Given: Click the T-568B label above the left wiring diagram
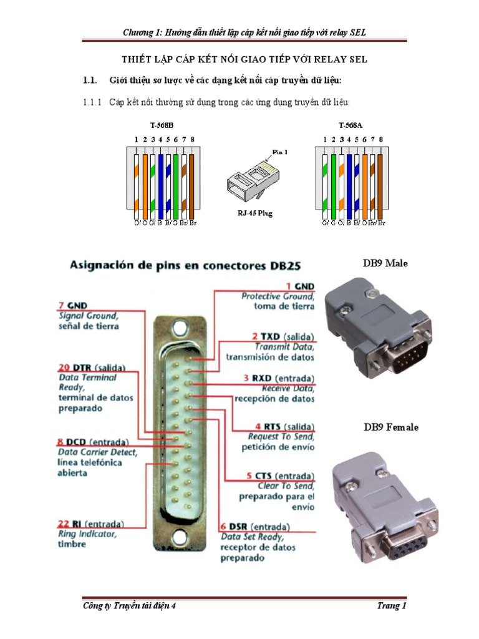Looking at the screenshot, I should [163, 125].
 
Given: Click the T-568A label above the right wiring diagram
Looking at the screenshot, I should [351, 125].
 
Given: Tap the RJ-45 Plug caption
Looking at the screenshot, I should [254, 213].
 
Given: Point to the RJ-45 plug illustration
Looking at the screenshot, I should [252, 180].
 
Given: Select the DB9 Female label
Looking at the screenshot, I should [391, 427].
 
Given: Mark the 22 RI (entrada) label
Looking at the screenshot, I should [91, 523].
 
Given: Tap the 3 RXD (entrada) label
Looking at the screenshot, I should [283, 378].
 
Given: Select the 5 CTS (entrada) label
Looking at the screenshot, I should [283, 476].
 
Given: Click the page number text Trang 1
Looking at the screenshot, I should [392, 606].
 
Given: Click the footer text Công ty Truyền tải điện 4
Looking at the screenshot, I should [130, 606].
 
